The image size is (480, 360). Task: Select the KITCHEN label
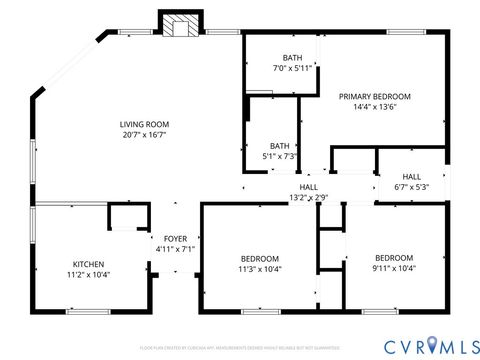click(88, 264)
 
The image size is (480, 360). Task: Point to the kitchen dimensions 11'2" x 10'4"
click(88, 275)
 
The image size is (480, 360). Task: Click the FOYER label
click(175, 238)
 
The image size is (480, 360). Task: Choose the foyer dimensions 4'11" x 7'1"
click(175, 249)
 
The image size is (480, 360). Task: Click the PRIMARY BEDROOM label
click(374, 96)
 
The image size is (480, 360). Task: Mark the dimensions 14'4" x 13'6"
click(374, 108)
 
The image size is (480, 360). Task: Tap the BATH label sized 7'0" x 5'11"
click(292, 58)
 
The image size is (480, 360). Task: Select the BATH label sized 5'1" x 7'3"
click(279, 145)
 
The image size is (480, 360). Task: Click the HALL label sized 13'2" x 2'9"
click(309, 186)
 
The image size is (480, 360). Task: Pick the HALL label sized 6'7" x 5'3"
click(411, 176)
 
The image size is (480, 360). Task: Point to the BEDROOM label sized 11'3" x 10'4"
click(260, 257)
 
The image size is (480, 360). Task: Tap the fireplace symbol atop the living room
click(180, 27)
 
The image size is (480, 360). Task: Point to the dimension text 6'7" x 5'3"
click(411, 187)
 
